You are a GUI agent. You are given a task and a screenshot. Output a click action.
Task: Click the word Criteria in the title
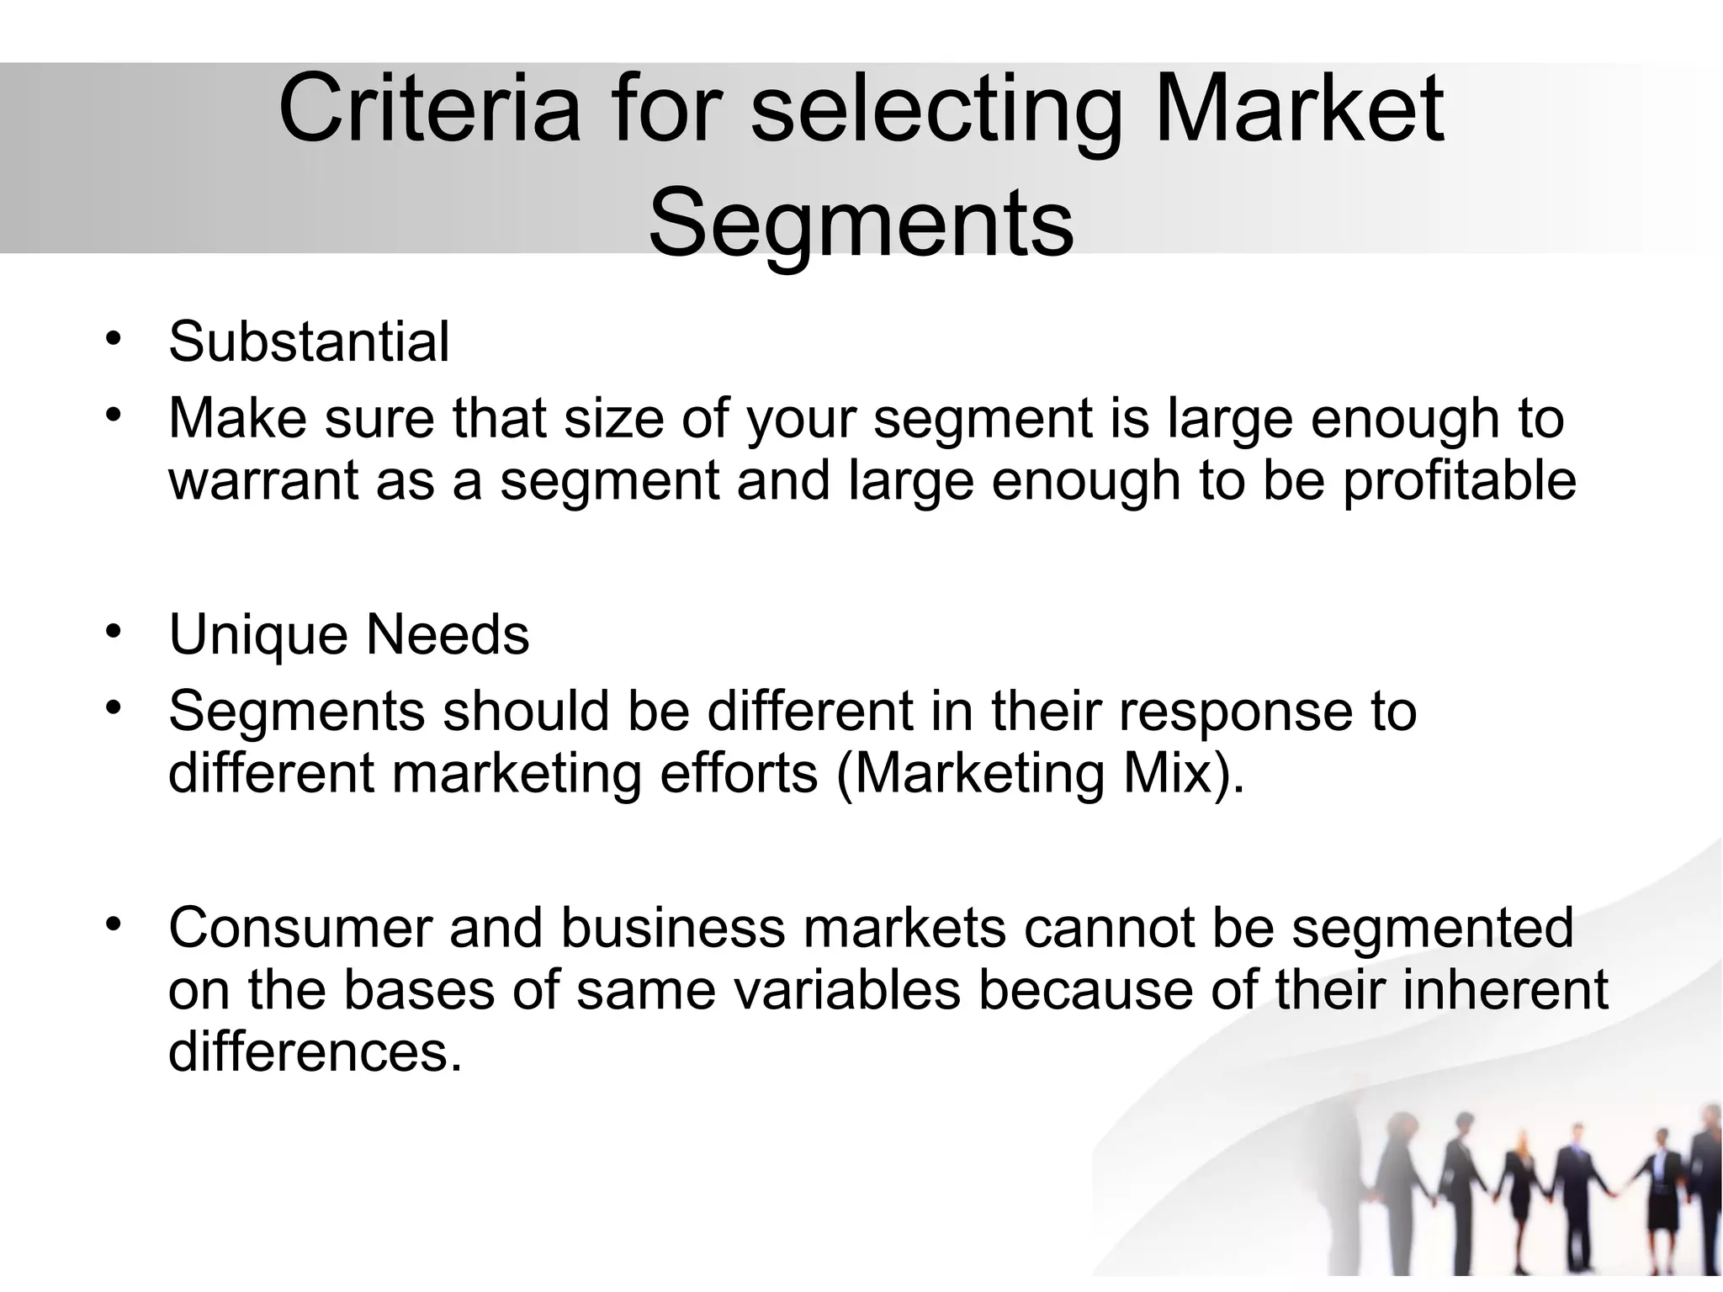(x=429, y=110)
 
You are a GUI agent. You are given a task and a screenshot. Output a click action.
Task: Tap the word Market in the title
(x=1299, y=110)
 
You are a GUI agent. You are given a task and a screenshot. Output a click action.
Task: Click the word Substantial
(x=309, y=342)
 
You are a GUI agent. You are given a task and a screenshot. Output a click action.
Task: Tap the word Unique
(x=257, y=635)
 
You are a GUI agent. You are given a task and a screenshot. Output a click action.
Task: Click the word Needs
(x=448, y=635)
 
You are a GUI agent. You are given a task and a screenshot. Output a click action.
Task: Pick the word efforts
(x=738, y=774)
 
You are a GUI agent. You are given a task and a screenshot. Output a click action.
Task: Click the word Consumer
(x=300, y=928)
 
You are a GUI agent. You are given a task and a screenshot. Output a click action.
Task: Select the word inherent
(x=1505, y=991)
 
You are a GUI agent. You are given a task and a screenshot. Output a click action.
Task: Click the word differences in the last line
(x=315, y=1052)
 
